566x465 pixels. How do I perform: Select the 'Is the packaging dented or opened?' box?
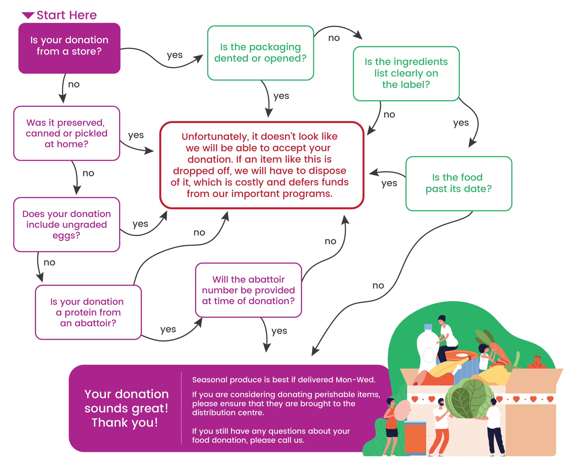[x=260, y=53]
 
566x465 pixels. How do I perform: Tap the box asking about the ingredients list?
[x=406, y=73]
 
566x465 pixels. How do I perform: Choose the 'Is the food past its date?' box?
[x=459, y=183]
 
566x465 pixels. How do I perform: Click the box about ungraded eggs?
[x=66, y=225]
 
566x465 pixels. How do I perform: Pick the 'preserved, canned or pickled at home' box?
[x=66, y=133]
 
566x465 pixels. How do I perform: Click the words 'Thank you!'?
[x=125, y=423]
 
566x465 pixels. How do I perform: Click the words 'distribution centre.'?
[x=228, y=413]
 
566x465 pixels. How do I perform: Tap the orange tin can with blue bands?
[x=415, y=439]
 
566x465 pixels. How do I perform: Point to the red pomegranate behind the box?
[x=537, y=362]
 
